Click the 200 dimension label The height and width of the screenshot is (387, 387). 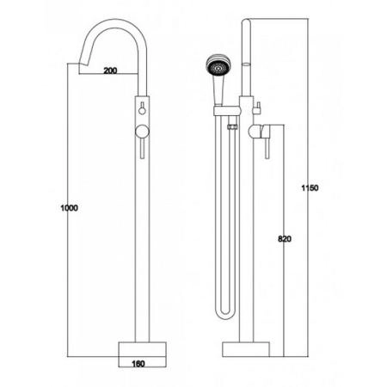click(x=110, y=71)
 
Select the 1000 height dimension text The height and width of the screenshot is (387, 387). click(x=69, y=207)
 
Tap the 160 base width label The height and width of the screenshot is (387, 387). click(x=138, y=364)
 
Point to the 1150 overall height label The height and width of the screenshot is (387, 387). click(x=310, y=188)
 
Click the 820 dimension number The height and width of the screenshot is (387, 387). click(x=285, y=239)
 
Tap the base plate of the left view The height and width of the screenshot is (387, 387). click(x=143, y=349)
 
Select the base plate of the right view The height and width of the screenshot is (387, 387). click(x=246, y=349)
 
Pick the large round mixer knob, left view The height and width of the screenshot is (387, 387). click(x=142, y=132)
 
